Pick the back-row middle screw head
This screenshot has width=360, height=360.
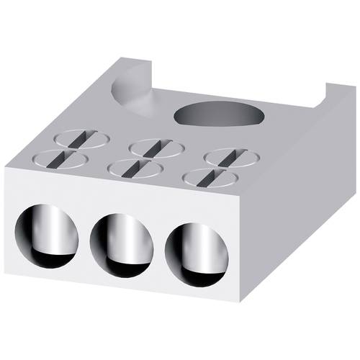pyautogui.click(x=156, y=147)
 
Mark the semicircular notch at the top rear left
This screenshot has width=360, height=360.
pyautogui.click(x=137, y=97)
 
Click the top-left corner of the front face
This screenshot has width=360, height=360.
pyautogui.click(x=6, y=167)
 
